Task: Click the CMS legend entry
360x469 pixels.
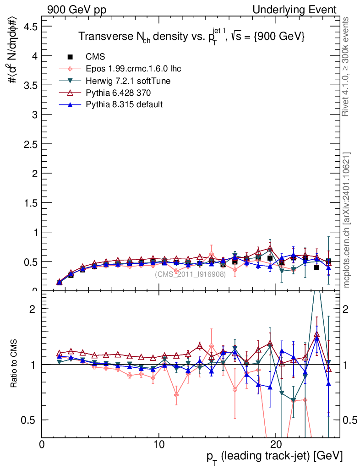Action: point(95,57)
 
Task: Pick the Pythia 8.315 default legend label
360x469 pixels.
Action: point(124,104)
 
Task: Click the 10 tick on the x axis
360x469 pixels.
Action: point(158,445)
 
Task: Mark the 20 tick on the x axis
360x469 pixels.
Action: point(276,445)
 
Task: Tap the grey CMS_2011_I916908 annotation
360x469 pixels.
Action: point(190,274)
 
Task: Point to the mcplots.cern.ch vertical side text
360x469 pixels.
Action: point(347,220)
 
